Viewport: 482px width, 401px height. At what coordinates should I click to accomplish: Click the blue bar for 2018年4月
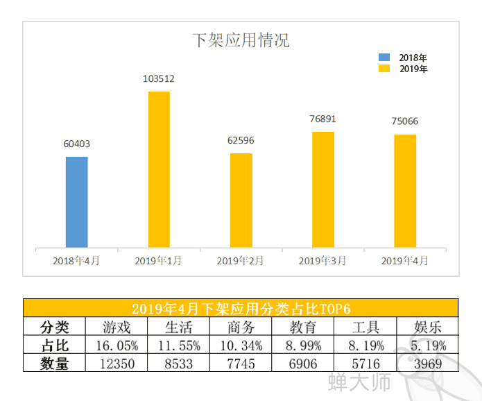tap(77, 202)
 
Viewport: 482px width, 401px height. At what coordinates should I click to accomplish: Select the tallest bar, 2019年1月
tap(159, 169)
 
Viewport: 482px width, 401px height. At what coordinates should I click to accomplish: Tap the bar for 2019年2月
tap(241, 200)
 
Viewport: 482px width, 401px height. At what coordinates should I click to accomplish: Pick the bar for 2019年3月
tap(322, 189)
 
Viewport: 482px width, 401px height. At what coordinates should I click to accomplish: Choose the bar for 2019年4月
tap(404, 191)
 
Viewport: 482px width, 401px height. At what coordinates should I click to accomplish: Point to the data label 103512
tap(159, 79)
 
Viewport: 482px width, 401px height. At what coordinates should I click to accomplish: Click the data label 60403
tap(77, 144)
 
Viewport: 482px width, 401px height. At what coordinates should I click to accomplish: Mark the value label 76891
tap(322, 119)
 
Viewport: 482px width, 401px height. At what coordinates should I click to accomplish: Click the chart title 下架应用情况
tap(240, 40)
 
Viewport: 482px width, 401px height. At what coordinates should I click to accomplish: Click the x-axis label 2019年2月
tap(241, 261)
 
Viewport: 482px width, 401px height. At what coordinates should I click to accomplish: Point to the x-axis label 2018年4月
tap(77, 261)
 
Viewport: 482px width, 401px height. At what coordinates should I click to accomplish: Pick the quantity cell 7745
tap(241, 363)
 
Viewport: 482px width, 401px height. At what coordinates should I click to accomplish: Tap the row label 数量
tap(54, 363)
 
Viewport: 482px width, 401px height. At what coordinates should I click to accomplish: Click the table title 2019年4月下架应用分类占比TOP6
tap(240, 309)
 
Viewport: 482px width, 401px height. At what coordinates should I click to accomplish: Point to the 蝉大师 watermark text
tap(359, 382)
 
